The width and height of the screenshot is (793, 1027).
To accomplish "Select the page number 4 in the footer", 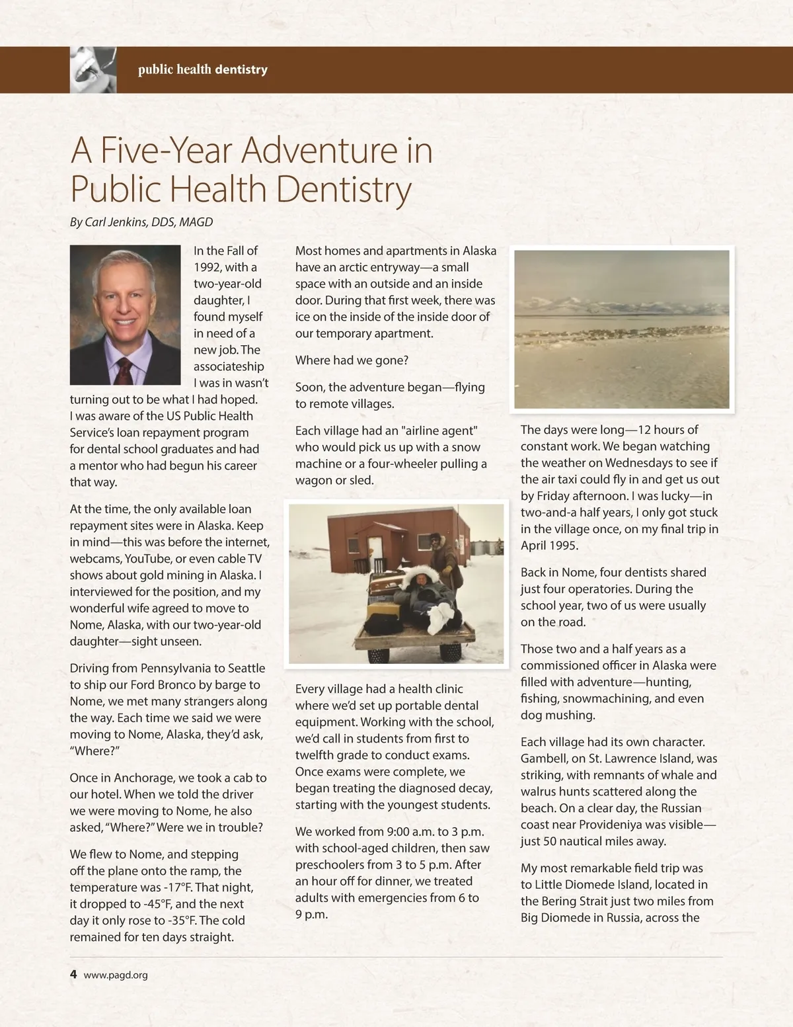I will (73, 974).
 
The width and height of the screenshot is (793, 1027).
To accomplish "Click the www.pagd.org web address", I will (116, 975).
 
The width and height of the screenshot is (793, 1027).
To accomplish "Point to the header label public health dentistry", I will (202, 69).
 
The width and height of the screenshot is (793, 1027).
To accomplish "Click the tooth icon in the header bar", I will (93, 69).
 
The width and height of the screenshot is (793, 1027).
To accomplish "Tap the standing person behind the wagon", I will (438, 552).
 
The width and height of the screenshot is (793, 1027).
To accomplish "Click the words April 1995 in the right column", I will (549, 546).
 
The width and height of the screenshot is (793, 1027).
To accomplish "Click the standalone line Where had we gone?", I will (352, 360).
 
